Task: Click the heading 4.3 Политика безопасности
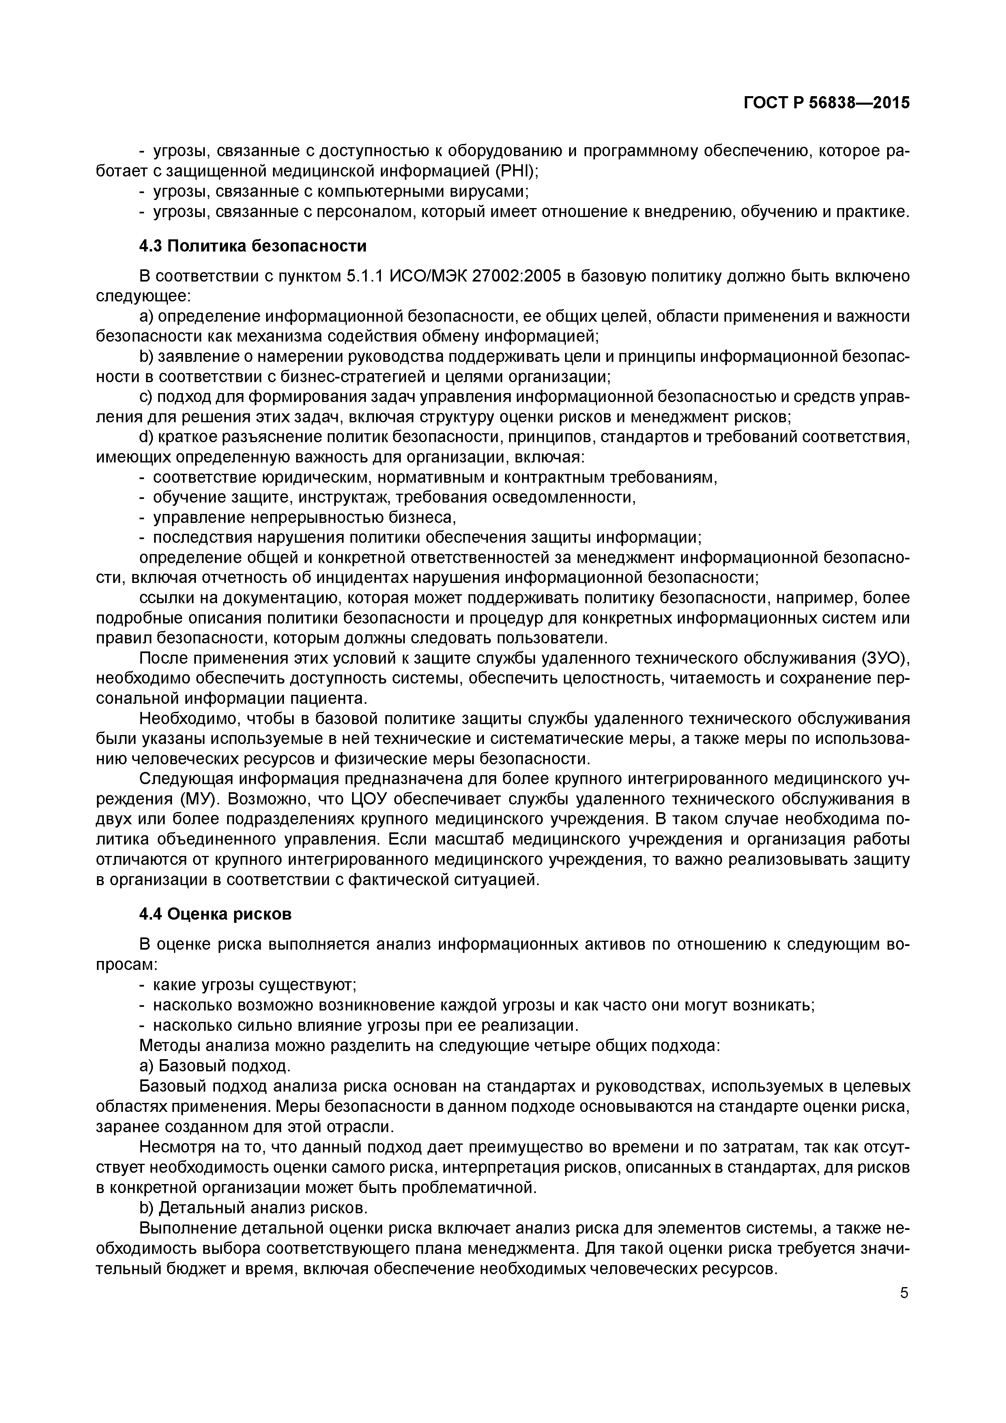pyautogui.click(x=253, y=246)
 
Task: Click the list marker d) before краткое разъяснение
pyautogui.click(x=146, y=438)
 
